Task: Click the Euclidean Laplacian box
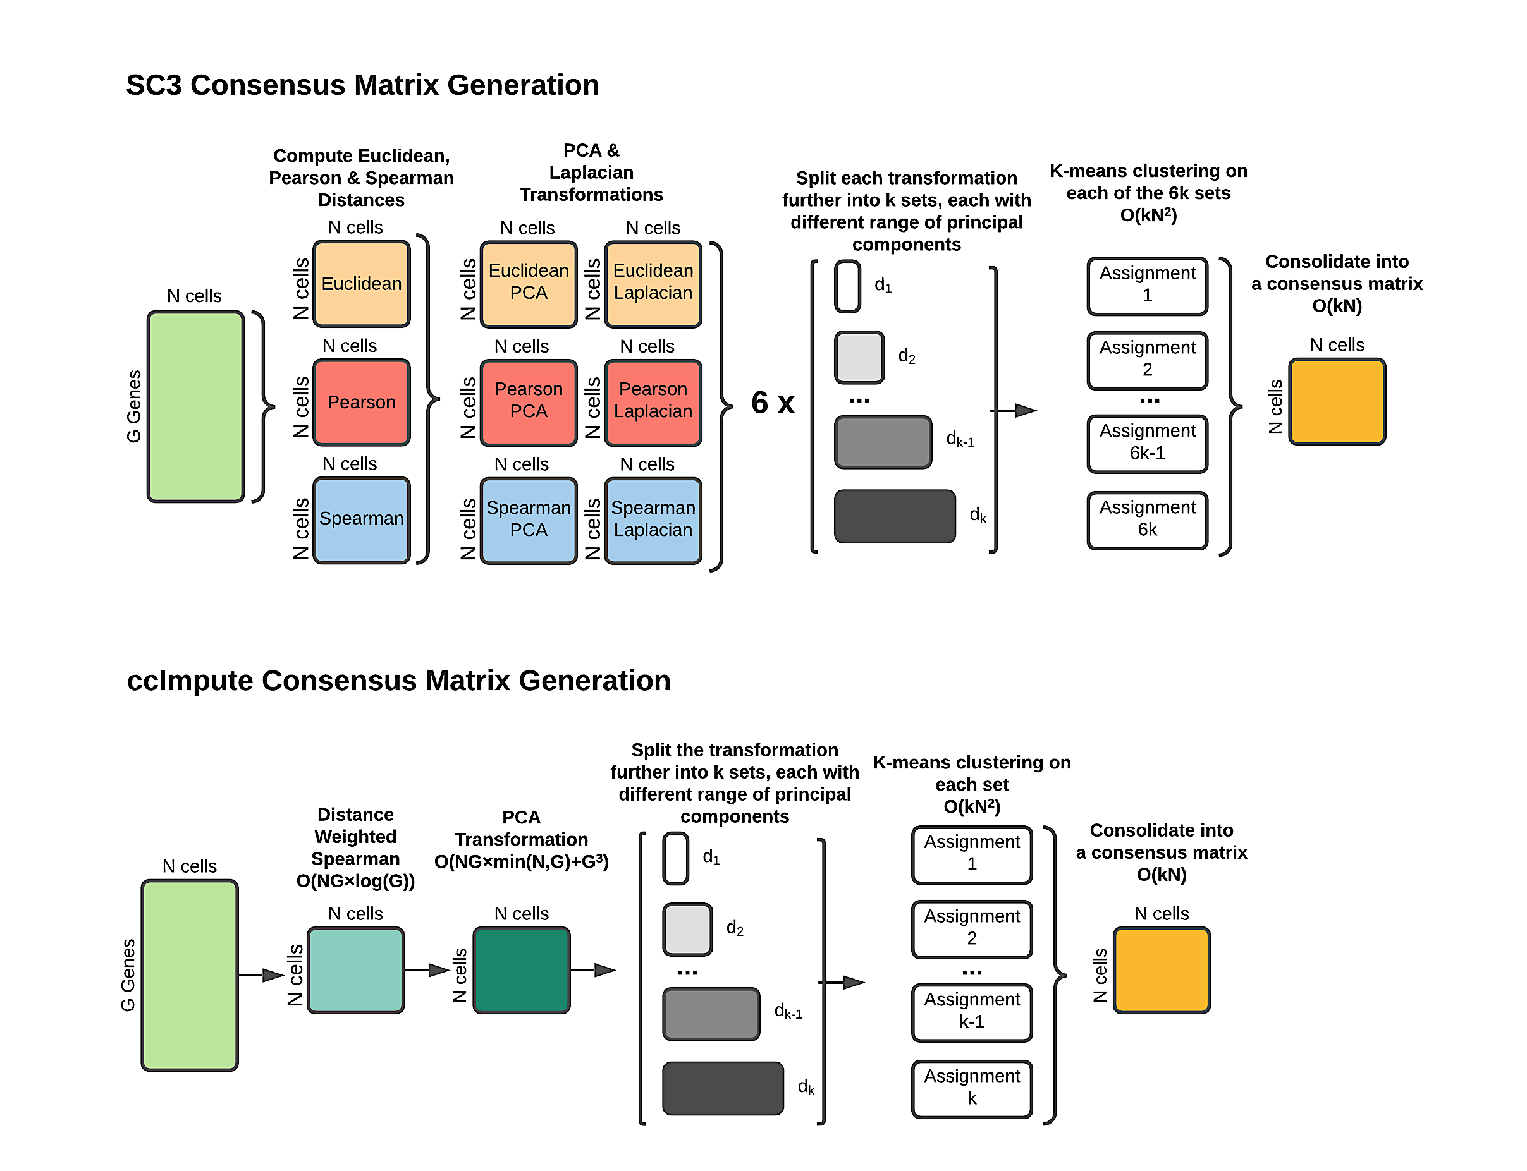(x=653, y=284)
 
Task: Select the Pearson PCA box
(x=528, y=402)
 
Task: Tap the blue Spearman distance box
(x=361, y=520)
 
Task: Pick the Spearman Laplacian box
(x=653, y=520)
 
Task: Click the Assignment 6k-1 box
(x=1146, y=443)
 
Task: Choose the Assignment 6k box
(x=1146, y=520)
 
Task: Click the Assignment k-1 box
(x=971, y=1012)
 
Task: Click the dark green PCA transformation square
(x=521, y=969)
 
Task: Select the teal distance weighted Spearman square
(x=355, y=969)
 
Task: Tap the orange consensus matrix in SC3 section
(x=1336, y=401)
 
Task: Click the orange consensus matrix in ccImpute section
(x=1160, y=969)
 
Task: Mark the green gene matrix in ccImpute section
(x=189, y=974)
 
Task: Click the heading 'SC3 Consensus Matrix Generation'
(x=362, y=85)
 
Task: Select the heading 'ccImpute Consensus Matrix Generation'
(x=398, y=681)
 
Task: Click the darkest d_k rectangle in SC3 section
(x=894, y=516)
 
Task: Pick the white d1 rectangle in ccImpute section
(x=675, y=858)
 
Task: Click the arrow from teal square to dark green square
(x=426, y=969)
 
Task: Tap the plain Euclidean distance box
(x=361, y=284)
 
